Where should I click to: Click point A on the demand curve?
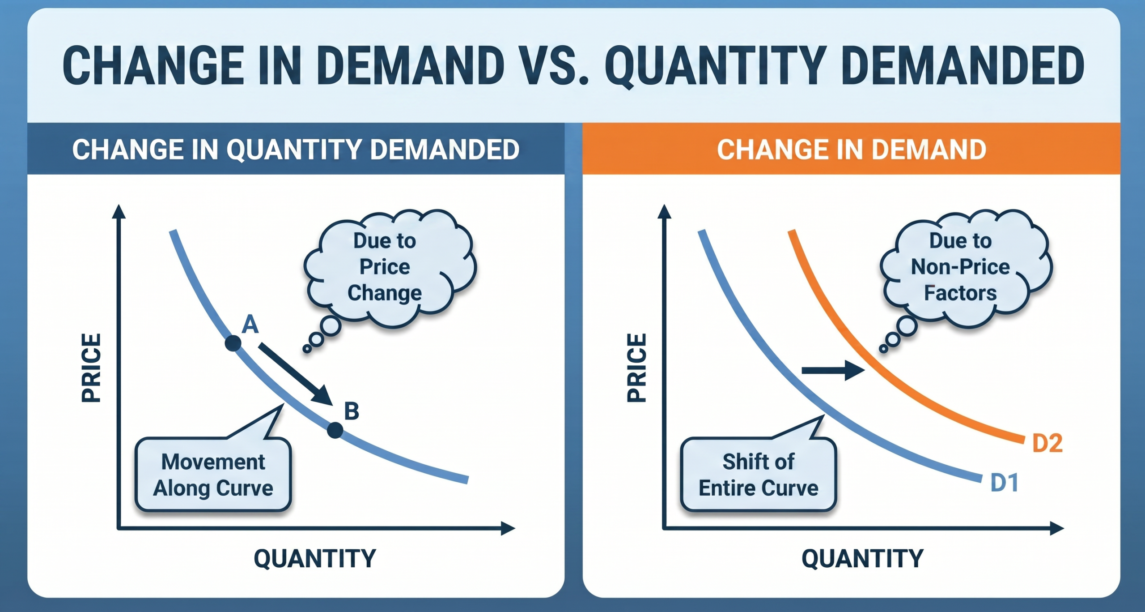point(233,343)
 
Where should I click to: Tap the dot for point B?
point(335,430)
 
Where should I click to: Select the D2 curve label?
point(1047,443)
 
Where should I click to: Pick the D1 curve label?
point(1005,483)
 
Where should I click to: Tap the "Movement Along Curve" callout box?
point(213,475)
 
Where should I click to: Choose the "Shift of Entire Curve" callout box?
point(759,475)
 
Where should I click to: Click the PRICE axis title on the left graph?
point(91,368)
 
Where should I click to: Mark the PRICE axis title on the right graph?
point(637,368)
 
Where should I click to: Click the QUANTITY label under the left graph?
point(315,558)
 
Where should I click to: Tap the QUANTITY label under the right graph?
point(862,558)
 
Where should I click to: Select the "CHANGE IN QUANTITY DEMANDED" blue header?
point(296,149)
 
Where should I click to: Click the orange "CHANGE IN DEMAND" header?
point(851,149)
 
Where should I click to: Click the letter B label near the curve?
point(352,411)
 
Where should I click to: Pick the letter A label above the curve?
point(250,324)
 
